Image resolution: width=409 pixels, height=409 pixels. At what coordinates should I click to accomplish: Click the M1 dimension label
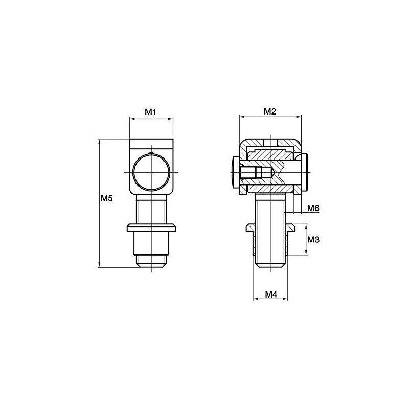coord(150,112)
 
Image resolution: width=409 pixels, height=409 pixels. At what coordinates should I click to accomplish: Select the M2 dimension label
coord(269,111)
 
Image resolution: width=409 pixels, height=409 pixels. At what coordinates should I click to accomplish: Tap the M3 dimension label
coord(313,239)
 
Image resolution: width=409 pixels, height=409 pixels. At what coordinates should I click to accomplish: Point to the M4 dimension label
coord(271,294)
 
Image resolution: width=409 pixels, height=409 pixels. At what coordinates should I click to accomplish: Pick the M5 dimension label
coord(106,198)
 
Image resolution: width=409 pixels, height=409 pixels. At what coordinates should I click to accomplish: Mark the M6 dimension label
coord(313,208)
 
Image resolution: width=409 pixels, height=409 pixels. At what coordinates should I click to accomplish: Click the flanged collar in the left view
coord(151,228)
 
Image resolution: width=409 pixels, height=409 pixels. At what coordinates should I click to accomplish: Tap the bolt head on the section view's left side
coord(235,172)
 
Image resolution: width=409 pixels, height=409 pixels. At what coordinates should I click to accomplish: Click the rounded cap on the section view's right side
coord(305,172)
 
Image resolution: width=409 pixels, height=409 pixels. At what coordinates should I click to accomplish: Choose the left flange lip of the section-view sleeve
coord(249,226)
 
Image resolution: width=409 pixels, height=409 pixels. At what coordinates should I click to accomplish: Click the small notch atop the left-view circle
coord(151,154)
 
